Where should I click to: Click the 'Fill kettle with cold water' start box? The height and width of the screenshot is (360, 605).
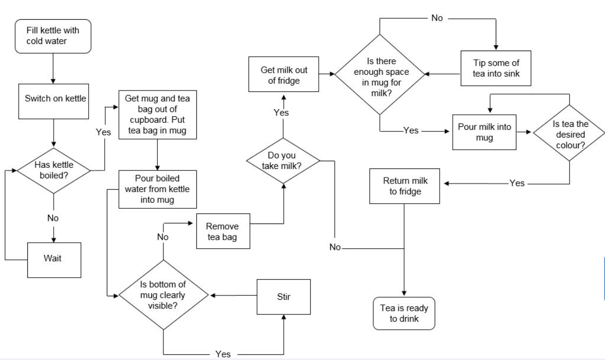coord(53,35)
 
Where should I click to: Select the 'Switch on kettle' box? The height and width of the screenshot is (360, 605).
coord(53,98)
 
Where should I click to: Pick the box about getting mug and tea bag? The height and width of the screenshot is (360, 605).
coord(157,115)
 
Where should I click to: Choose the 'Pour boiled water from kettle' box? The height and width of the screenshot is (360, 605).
coord(157,189)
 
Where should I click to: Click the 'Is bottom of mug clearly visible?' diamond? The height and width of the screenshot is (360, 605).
coord(163,295)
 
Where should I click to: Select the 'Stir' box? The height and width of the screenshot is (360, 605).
coord(283,295)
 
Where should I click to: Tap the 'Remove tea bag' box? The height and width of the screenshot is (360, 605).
coord(223,232)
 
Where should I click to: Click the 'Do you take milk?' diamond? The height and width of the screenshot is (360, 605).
coord(283,161)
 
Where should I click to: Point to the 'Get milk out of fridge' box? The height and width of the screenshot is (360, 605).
coord(283,75)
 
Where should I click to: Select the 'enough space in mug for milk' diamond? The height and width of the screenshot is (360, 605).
coord(380,74)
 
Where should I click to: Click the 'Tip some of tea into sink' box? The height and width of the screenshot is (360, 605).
coord(495,69)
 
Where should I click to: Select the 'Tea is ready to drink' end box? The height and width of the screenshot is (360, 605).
coord(403,313)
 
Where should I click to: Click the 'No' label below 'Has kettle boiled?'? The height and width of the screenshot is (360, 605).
coord(53,218)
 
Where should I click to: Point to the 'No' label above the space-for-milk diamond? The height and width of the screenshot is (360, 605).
coord(437,18)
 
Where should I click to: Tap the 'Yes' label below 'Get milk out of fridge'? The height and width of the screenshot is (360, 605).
coord(281,113)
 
